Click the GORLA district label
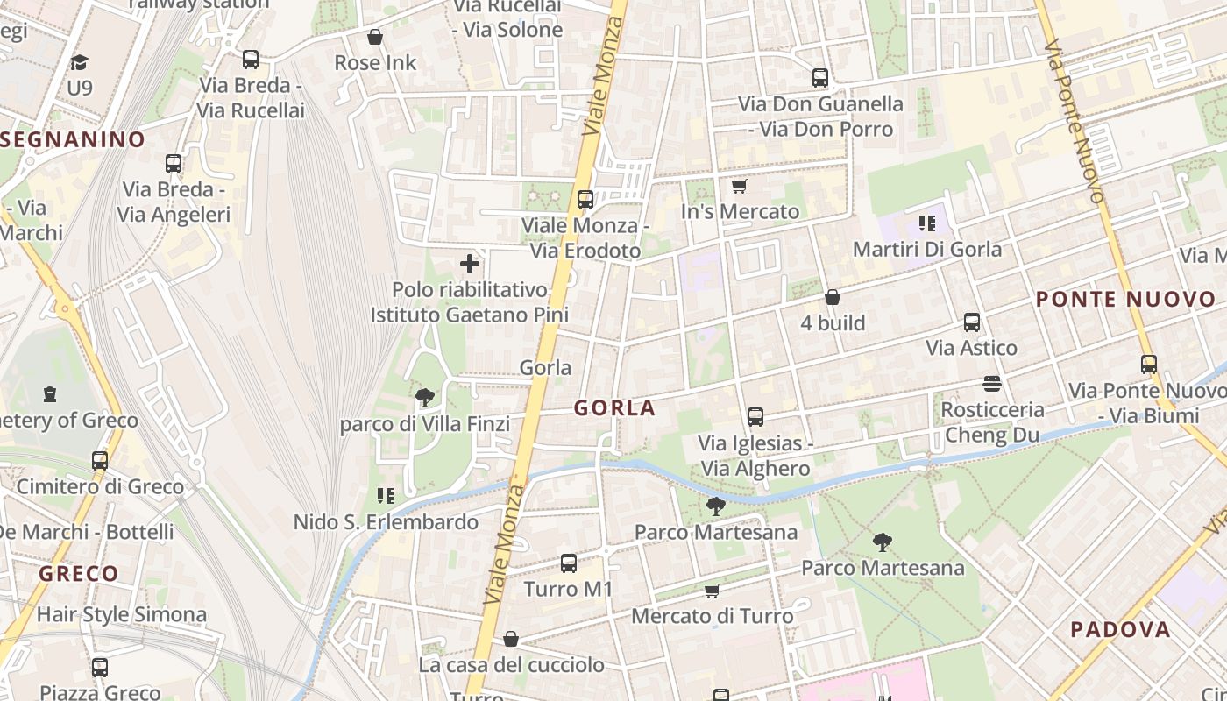pyautogui.click(x=614, y=407)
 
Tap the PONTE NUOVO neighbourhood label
pyautogui.click(x=1126, y=300)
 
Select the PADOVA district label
pyautogui.click(x=1121, y=629)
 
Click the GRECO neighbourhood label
pyautogui.click(x=79, y=574)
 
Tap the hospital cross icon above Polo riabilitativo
pyautogui.click(x=470, y=263)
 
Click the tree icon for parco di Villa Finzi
pyautogui.click(x=425, y=399)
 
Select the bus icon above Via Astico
pyautogui.click(x=971, y=322)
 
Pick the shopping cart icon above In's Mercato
pyautogui.click(x=739, y=186)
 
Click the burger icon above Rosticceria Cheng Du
pyautogui.click(x=992, y=384)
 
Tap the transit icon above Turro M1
pyautogui.click(x=569, y=563)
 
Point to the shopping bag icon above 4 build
pyautogui.click(x=832, y=298)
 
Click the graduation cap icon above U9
pyautogui.click(x=79, y=62)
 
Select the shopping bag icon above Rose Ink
pyautogui.click(x=375, y=37)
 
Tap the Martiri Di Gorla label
pyautogui.click(x=927, y=249)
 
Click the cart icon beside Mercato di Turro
pyautogui.click(x=712, y=591)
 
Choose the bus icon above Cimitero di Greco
pyautogui.click(x=100, y=461)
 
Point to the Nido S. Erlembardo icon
pyautogui.click(x=385, y=497)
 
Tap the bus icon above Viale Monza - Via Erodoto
pyautogui.click(x=585, y=200)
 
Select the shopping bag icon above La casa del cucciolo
pyautogui.click(x=511, y=640)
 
